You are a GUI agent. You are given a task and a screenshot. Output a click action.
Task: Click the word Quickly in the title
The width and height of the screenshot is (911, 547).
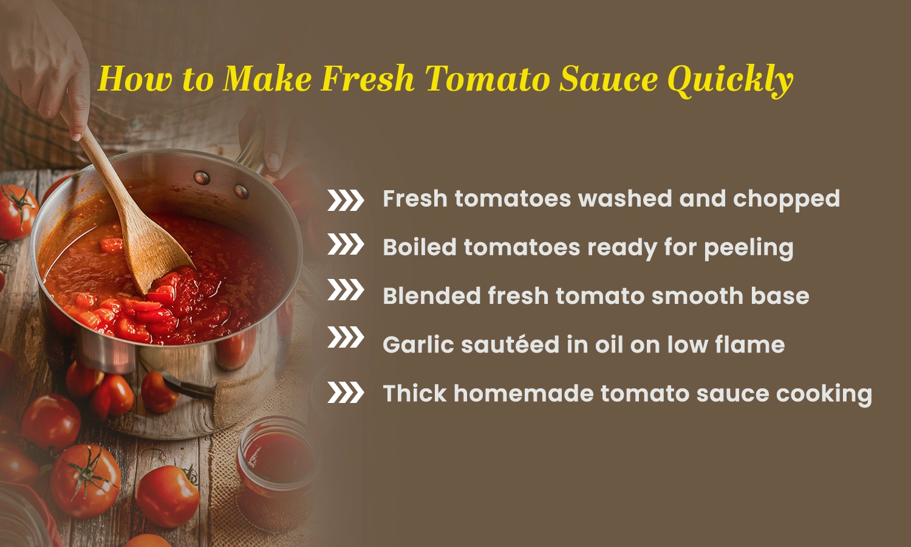[x=730, y=80]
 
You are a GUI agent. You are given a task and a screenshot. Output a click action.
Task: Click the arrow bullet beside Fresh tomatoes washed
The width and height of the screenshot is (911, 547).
[x=346, y=200]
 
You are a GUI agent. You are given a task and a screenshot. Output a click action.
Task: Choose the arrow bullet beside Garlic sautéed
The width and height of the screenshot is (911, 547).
[x=346, y=337]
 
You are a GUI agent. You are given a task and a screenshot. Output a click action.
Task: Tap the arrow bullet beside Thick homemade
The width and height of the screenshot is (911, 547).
[x=346, y=393]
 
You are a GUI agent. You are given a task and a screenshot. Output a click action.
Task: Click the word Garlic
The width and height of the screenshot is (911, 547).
[x=417, y=345]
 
